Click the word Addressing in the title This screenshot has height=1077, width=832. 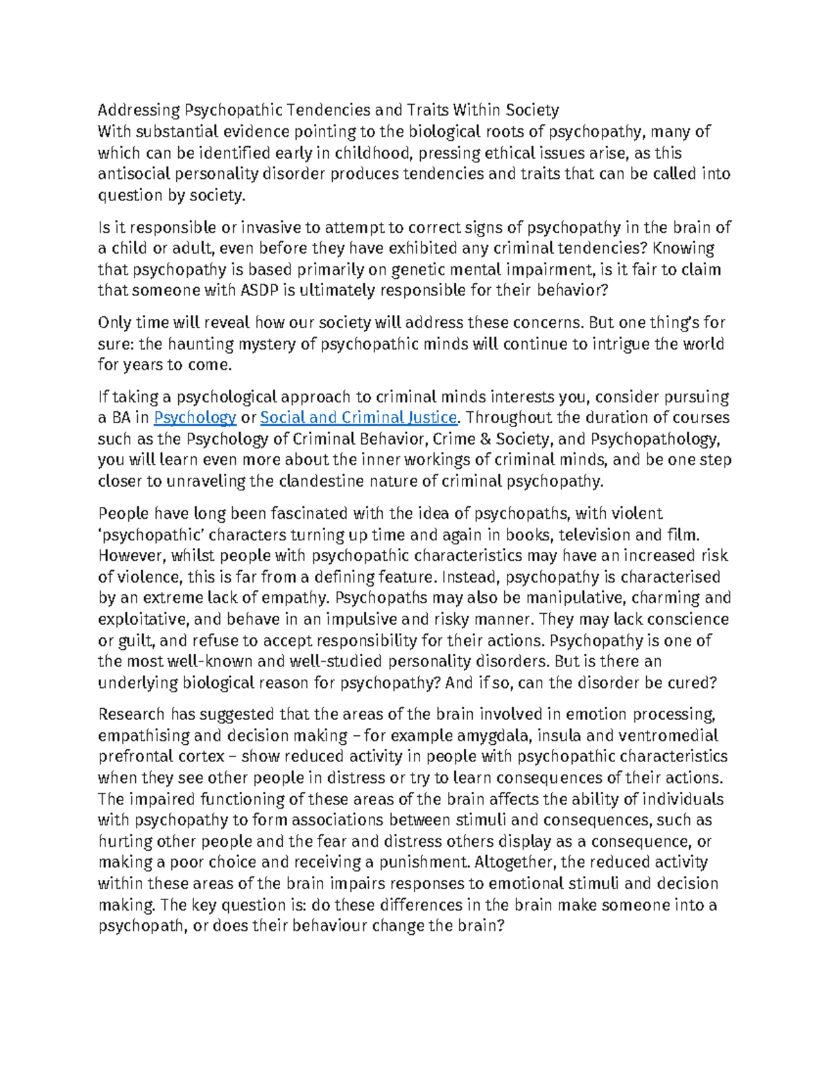click(138, 110)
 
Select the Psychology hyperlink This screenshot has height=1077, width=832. click(195, 417)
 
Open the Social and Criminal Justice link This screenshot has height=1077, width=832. click(358, 417)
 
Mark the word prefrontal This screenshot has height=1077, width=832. click(134, 757)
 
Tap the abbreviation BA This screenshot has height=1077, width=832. click(120, 417)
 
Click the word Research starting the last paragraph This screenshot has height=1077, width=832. click(132, 714)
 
